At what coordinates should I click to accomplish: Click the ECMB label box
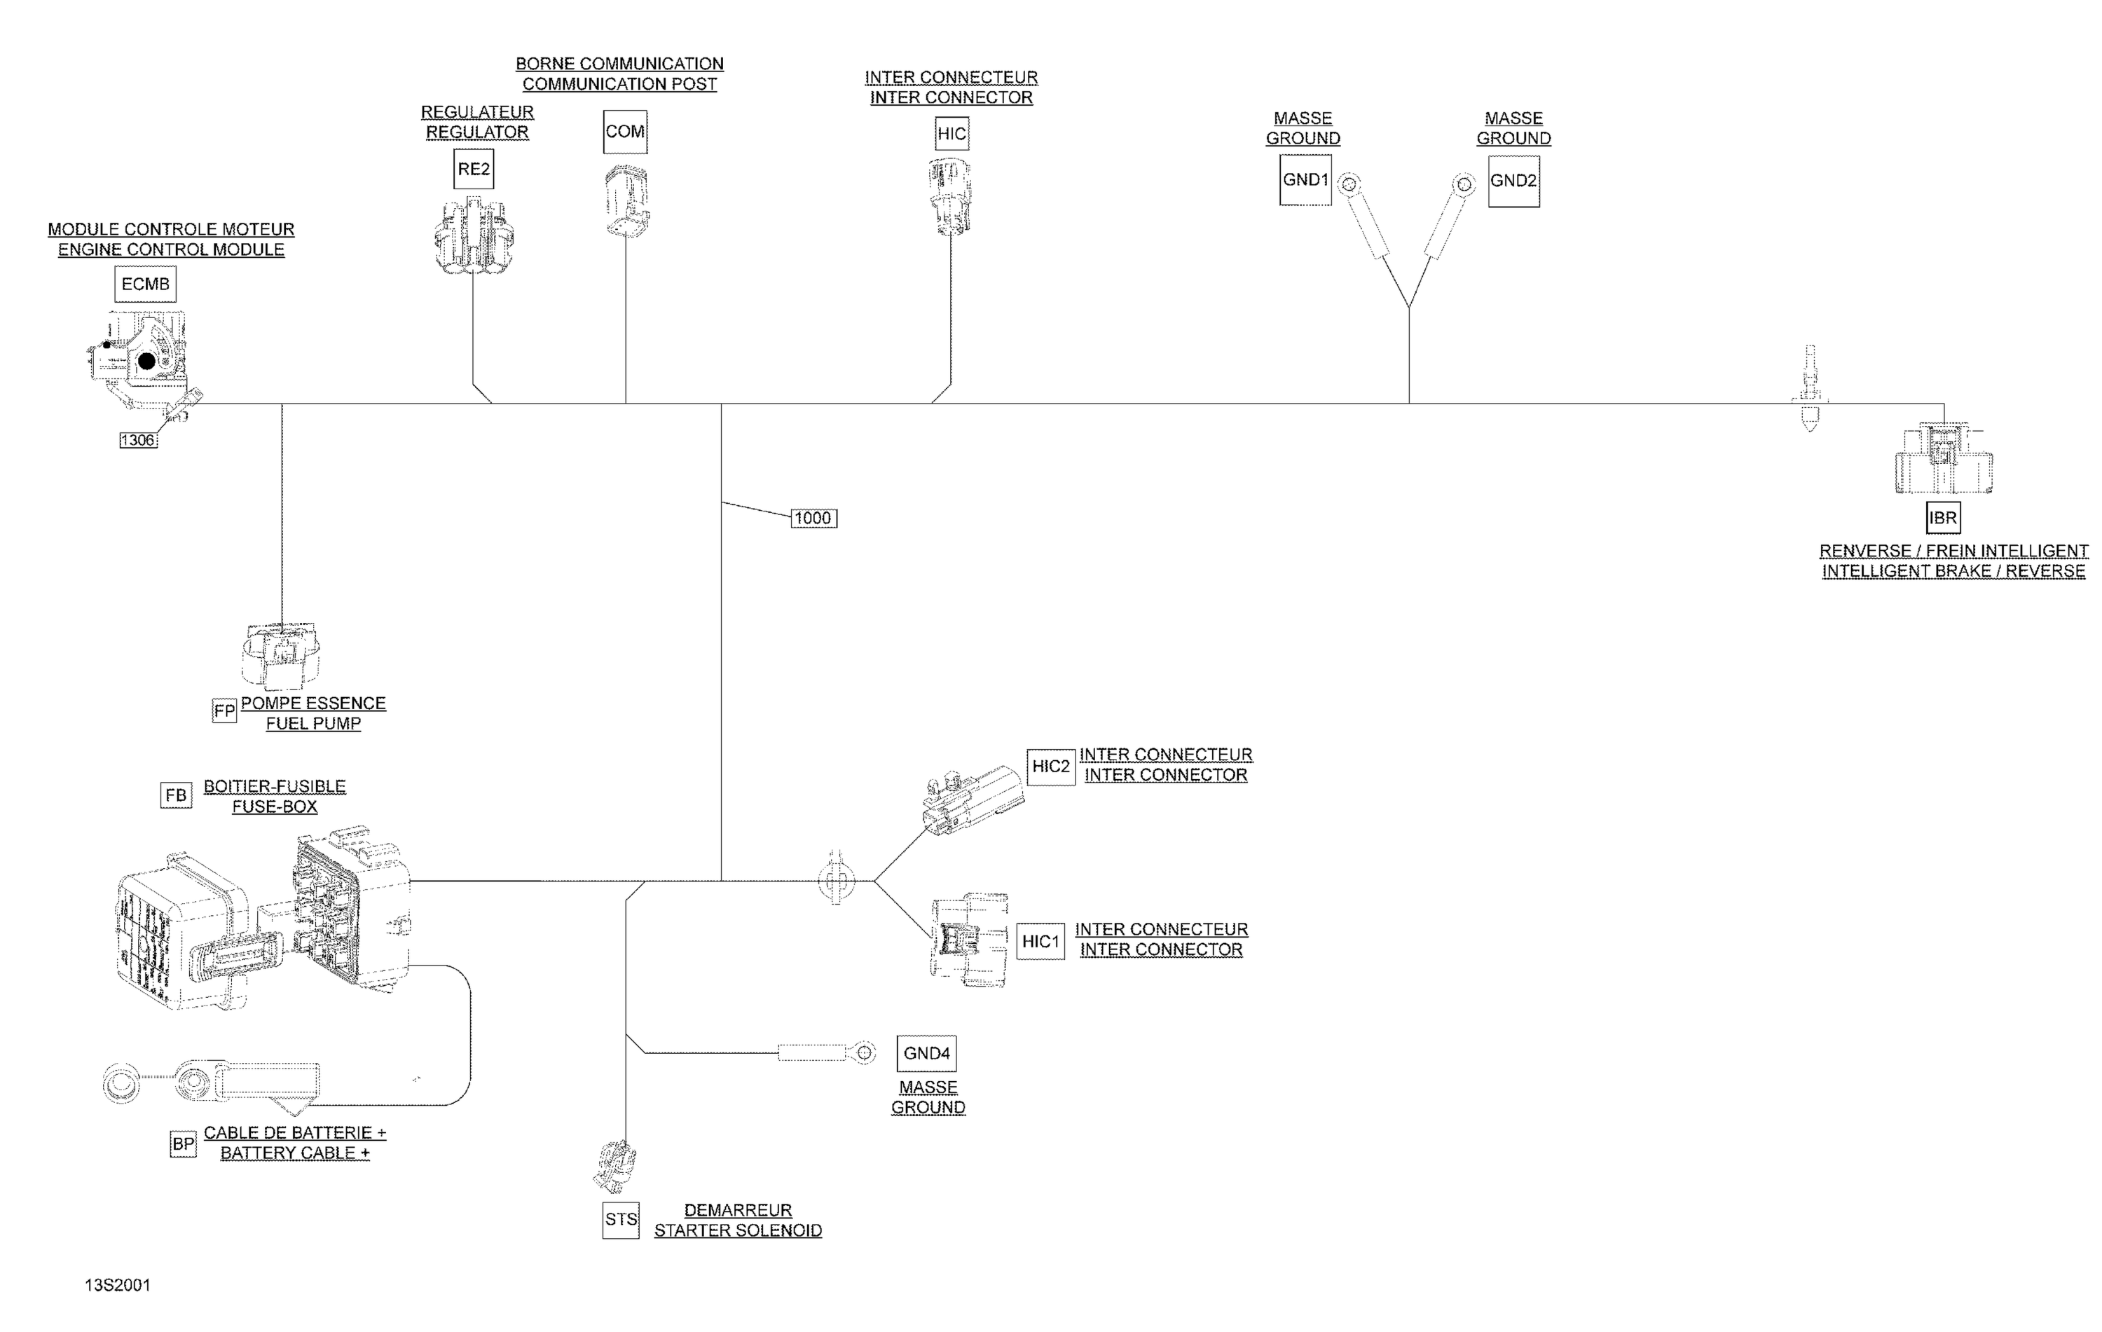(x=145, y=284)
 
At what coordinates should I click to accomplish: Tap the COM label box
(x=625, y=132)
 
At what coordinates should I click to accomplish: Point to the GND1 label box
(x=1305, y=180)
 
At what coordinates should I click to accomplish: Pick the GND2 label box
(x=1513, y=181)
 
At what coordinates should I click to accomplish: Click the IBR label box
(x=1943, y=518)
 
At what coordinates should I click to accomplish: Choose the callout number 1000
(x=813, y=519)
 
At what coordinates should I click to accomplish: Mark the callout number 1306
(x=138, y=440)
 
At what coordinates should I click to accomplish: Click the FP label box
(x=224, y=710)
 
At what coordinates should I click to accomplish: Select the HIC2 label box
(x=1050, y=767)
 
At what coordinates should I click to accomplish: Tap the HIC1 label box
(x=1040, y=942)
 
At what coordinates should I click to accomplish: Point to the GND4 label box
(x=926, y=1054)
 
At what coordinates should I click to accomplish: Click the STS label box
(x=621, y=1219)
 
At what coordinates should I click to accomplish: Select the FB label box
(x=177, y=795)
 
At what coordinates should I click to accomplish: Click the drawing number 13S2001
(x=118, y=1285)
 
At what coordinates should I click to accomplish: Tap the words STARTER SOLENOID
(x=738, y=1230)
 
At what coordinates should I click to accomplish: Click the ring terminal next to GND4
(x=863, y=1052)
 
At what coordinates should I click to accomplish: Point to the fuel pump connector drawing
(x=280, y=657)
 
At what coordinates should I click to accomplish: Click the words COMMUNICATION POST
(x=620, y=85)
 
